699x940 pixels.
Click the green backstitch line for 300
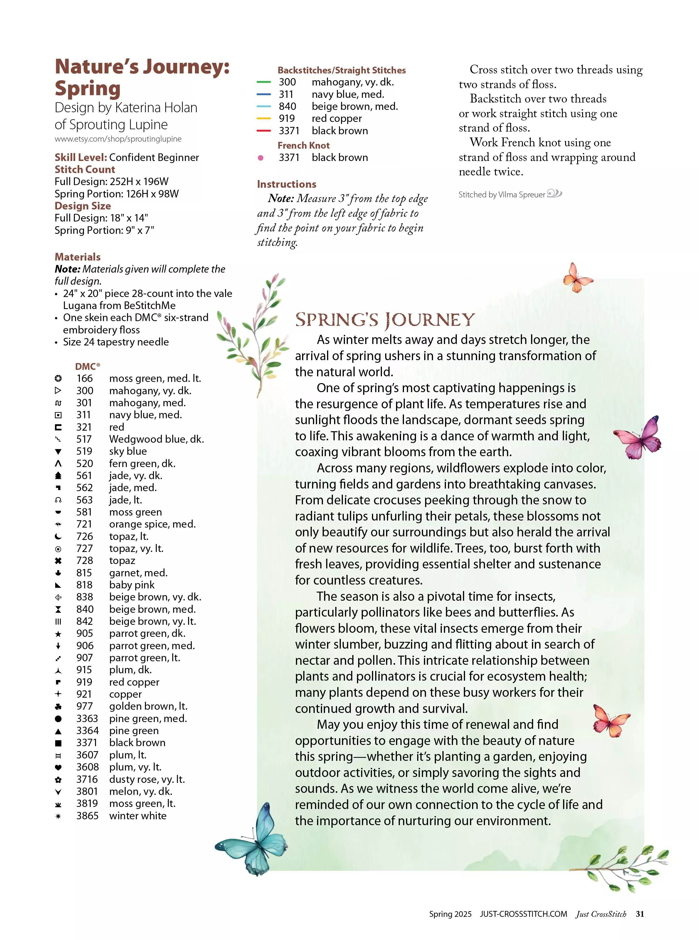coord(264,82)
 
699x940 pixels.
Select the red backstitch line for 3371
coord(264,131)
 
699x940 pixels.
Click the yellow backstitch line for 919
coord(264,119)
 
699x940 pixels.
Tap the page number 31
coord(640,914)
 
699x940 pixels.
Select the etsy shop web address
coord(118,139)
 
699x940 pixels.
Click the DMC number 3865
coord(87,815)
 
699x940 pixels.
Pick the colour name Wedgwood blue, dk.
coord(156,439)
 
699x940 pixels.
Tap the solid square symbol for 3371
coord(58,743)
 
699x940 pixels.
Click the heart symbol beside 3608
coord(58,767)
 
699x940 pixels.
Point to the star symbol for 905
coord(58,634)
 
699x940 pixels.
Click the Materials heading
coord(78,257)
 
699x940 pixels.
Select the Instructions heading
coord(287,184)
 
